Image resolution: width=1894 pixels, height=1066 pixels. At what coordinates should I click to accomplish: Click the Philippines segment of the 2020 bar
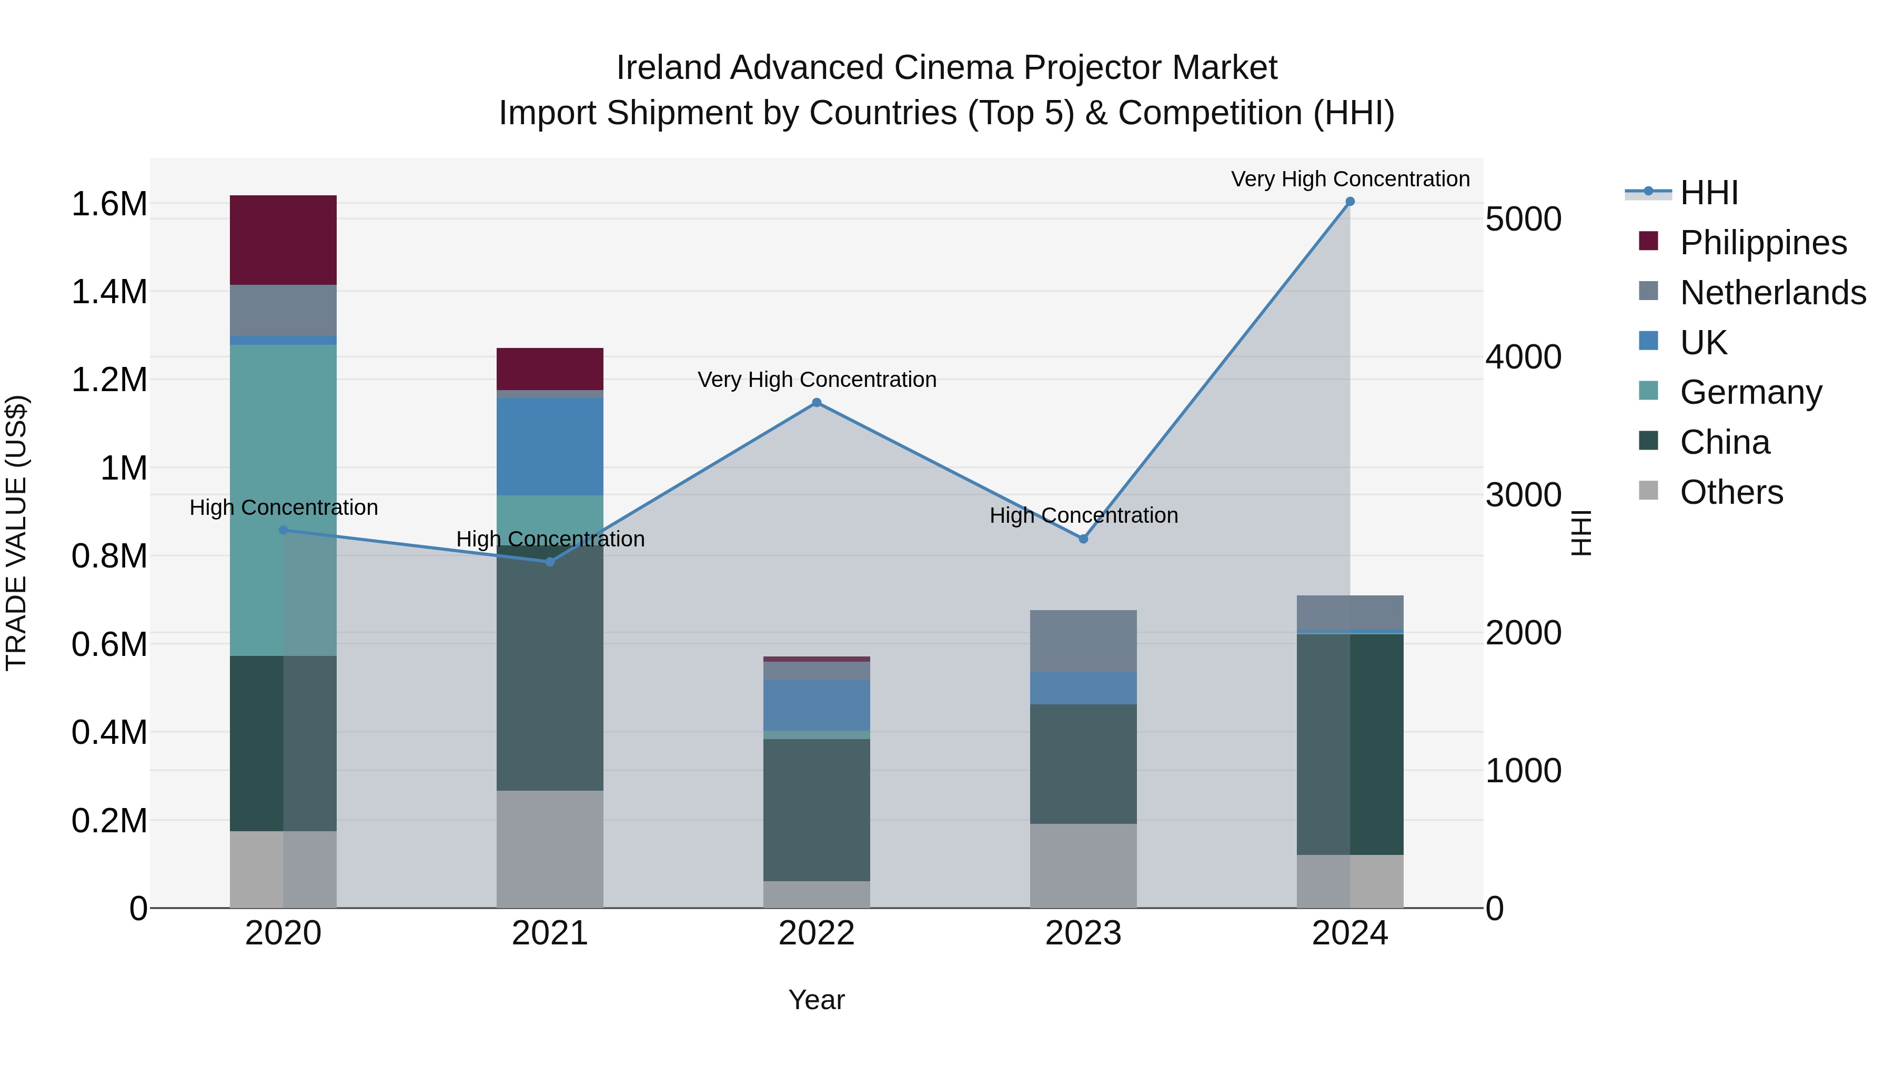[x=283, y=240]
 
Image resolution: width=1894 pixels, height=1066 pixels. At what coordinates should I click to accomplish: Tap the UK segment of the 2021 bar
[x=550, y=446]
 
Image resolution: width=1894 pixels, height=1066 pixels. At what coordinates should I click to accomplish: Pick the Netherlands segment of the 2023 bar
[x=1083, y=641]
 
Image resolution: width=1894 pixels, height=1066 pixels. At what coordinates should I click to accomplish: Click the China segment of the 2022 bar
[x=816, y=809]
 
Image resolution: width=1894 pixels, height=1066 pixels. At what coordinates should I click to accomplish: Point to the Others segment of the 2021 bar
[x=550, y=849]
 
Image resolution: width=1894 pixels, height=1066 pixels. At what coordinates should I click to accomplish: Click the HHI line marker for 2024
[x=1350, y=202]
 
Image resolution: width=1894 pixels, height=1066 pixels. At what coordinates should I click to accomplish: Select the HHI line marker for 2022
[x=816, y=402]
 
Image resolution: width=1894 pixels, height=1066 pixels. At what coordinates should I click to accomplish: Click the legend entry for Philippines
[x=1763, y=243]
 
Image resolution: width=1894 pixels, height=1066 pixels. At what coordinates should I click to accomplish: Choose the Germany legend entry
[x=1750, y=392]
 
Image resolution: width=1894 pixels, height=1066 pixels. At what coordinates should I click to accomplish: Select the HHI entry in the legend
[x=1709, y=193]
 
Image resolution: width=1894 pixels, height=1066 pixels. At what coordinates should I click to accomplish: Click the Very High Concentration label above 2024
[x=1350, y=179]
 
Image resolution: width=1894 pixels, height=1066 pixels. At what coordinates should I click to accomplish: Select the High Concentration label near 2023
[x=1083, y=515]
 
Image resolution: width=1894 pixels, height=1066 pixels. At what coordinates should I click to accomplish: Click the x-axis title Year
[x=816, y=1000]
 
